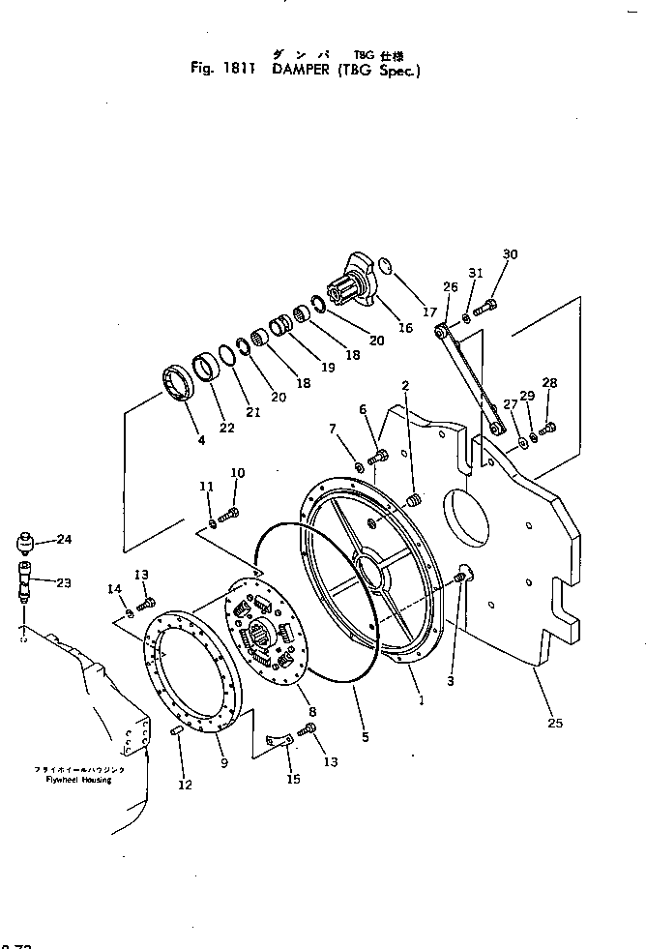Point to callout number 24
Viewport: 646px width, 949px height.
coord(64,540)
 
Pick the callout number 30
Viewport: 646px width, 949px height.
coord(511,254)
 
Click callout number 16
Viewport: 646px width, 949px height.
coord(405,328)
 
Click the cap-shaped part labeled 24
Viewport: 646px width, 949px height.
coord(26,538)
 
